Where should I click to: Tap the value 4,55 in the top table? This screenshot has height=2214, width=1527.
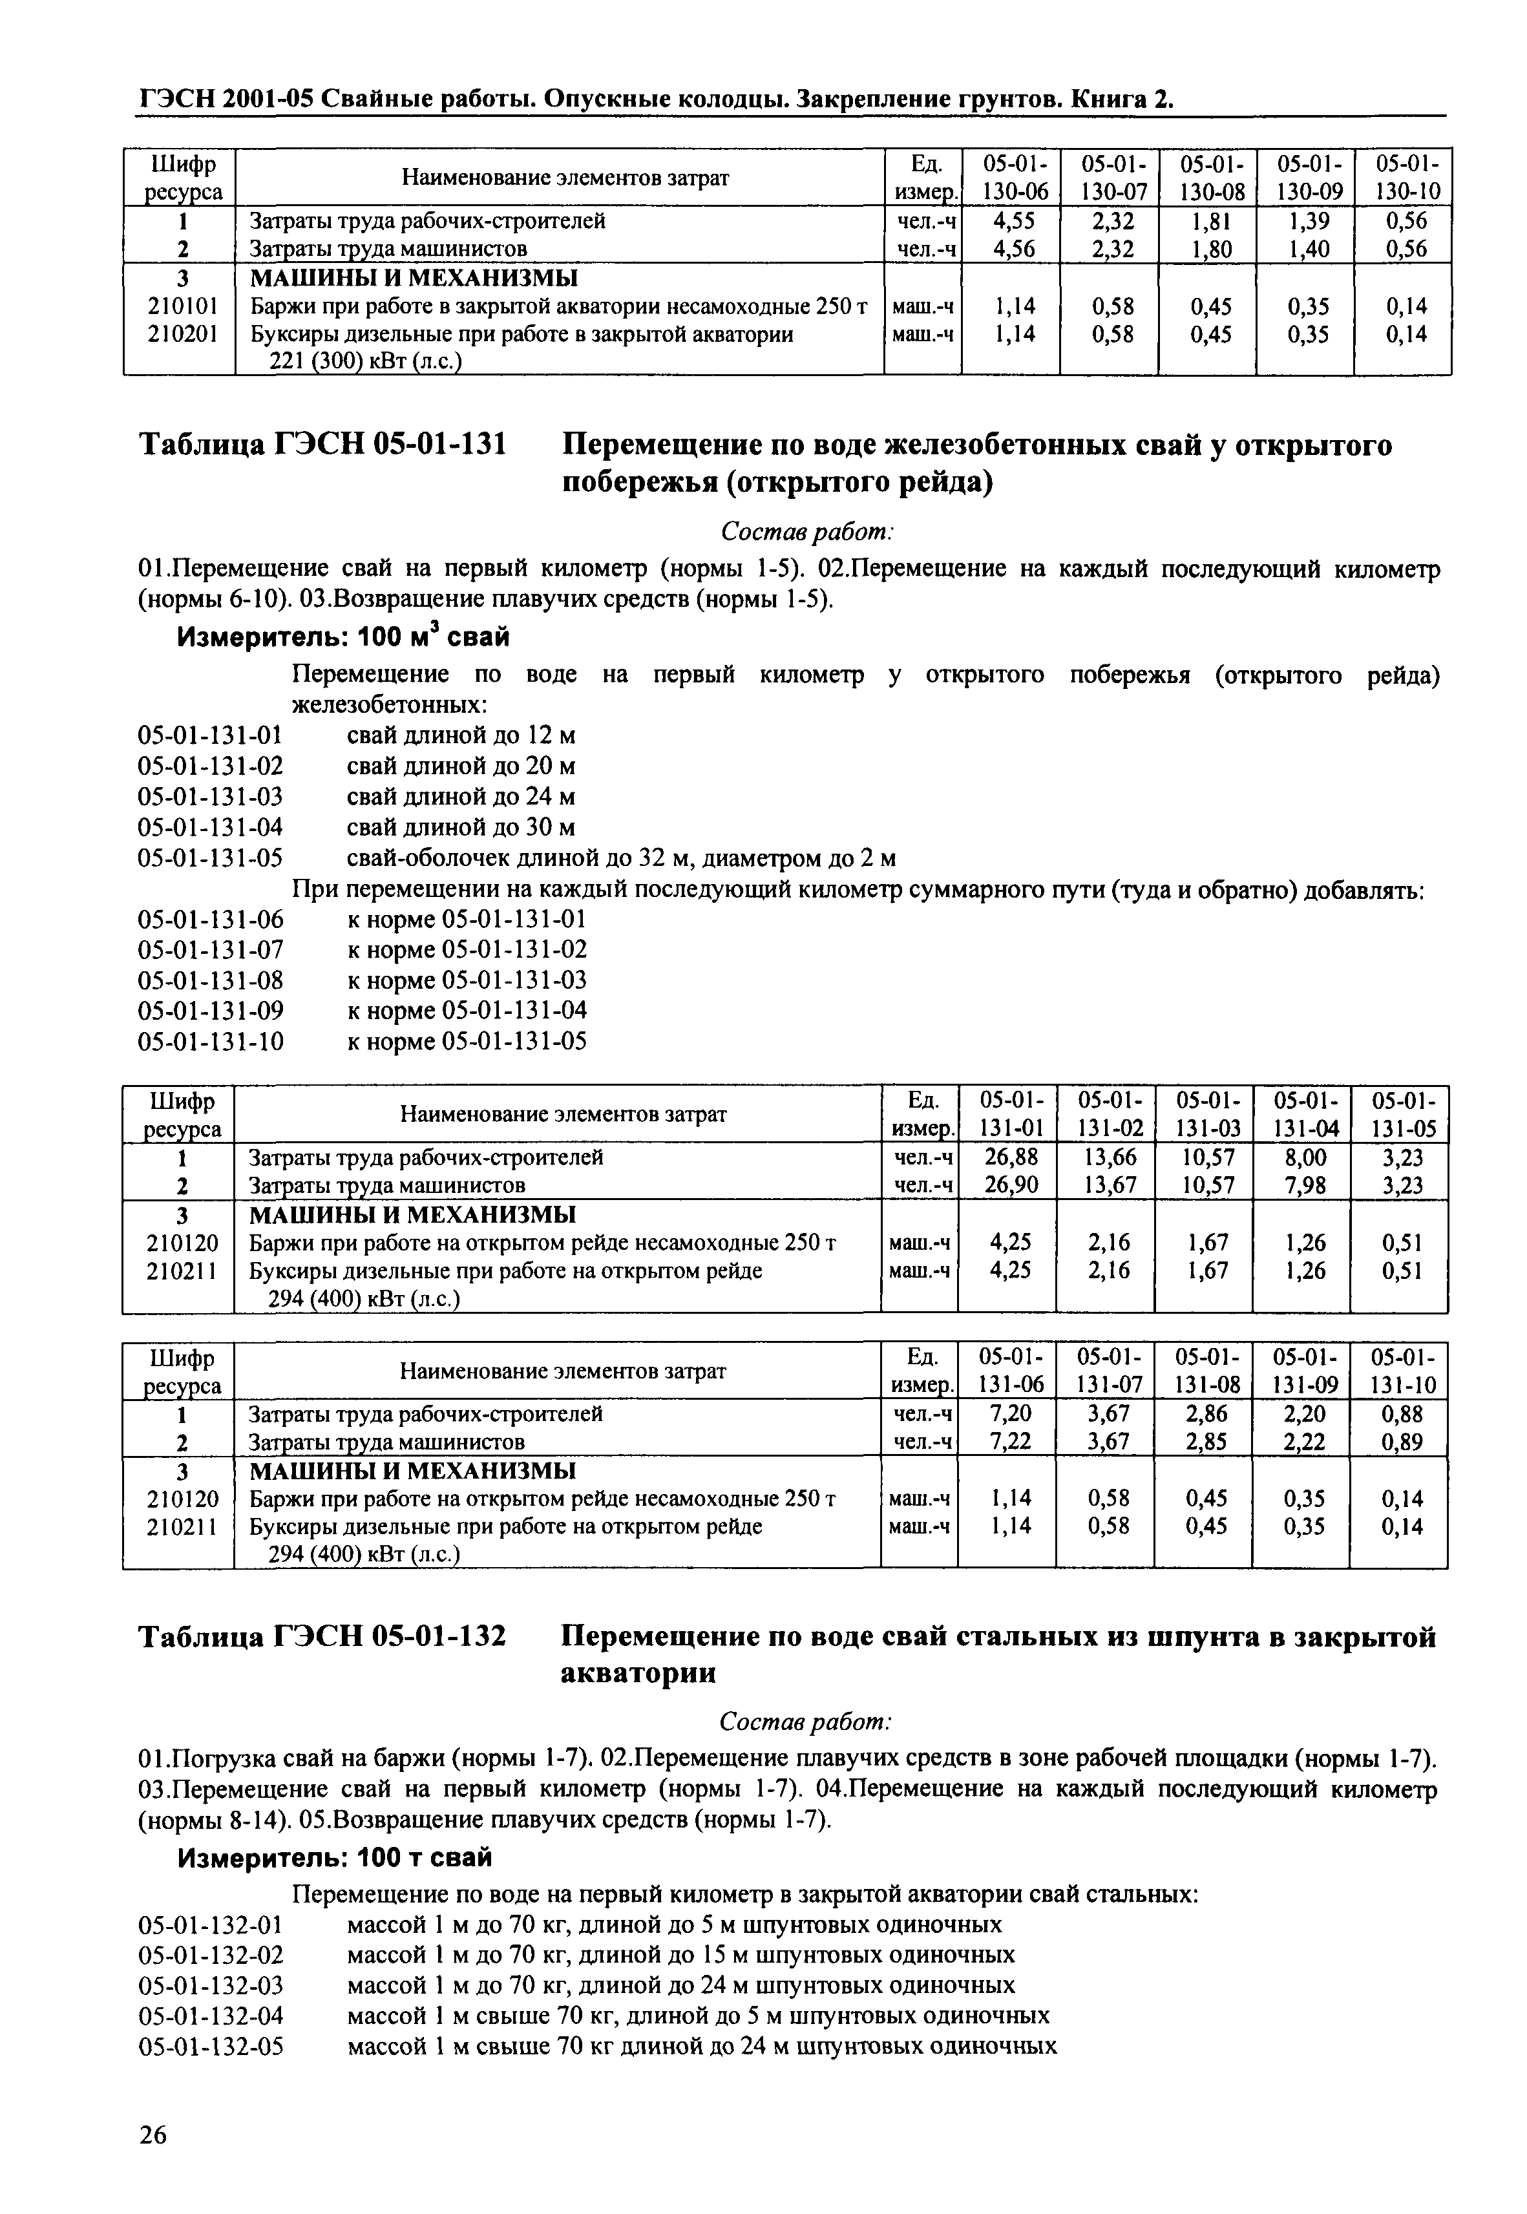(x=1012, y=221)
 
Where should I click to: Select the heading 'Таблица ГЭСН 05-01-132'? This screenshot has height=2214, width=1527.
(x=322, y=1637)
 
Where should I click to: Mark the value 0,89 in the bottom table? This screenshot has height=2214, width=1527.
(x=1402, y=1442)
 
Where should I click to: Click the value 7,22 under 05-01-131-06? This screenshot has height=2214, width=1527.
(x=1009, y=1442)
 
